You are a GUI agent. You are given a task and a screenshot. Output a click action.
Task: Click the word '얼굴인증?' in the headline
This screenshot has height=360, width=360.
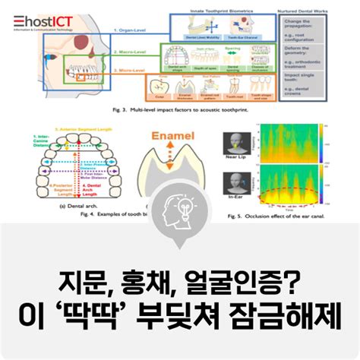[229, 287]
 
